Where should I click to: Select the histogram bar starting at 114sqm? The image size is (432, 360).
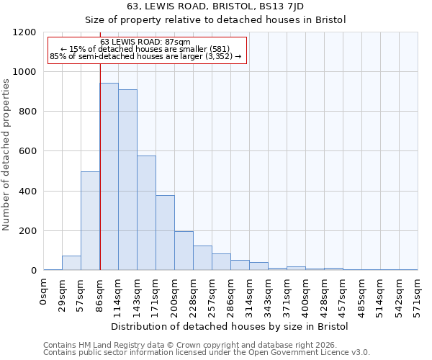tap(127, 180)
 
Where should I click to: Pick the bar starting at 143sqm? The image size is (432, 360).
tap(146, 213)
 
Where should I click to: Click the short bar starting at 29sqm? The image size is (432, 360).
tap(71, 263)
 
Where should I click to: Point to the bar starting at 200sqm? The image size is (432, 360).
tap(184, 251)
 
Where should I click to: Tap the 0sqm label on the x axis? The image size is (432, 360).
tap(44, 292)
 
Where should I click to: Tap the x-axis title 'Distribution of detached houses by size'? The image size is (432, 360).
tap(230, 327)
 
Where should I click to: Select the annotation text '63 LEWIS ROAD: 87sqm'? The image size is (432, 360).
tap(145, 42)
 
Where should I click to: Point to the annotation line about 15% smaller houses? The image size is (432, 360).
tap(145, 49)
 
